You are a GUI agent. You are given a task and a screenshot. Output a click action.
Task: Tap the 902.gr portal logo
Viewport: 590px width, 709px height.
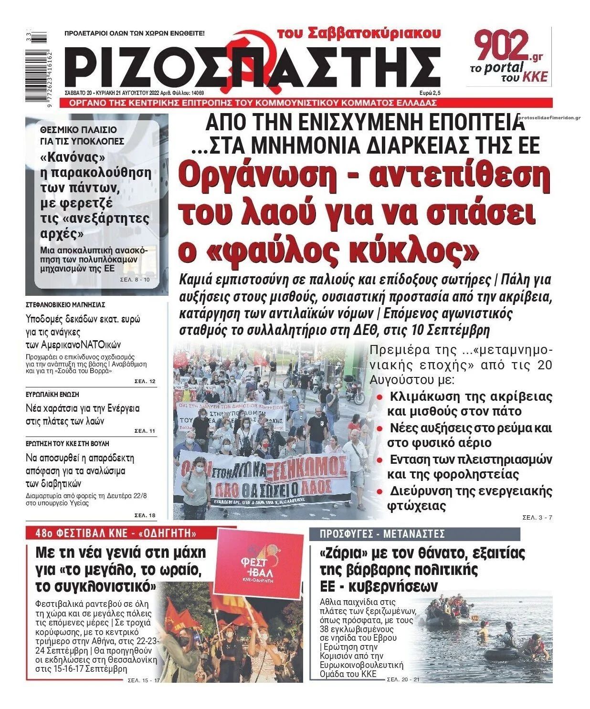point(509,56)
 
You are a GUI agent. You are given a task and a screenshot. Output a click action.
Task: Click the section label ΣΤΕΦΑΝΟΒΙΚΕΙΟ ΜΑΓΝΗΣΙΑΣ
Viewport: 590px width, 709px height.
point(65,304)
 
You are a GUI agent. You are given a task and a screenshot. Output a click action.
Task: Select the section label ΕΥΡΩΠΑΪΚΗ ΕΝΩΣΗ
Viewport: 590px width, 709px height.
point(53,395)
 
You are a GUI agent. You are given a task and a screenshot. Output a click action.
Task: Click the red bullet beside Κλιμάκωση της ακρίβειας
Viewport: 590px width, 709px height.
point(379,397)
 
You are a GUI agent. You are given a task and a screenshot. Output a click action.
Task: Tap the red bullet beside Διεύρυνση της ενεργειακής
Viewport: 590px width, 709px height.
point(379,491)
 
